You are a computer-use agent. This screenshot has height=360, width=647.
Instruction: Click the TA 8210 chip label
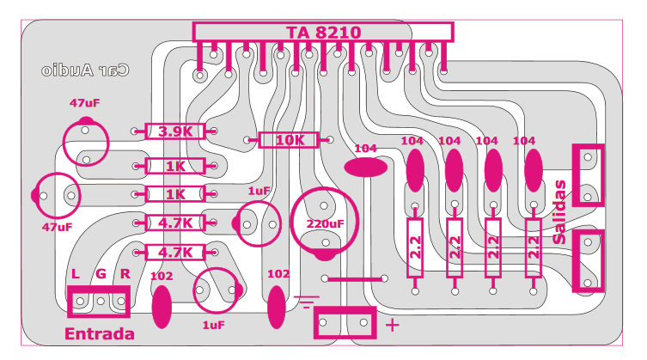coord(323,32)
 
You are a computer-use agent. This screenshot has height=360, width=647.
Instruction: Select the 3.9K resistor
coord(175,131)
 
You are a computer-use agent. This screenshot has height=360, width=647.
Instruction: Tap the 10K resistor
coord(289,140)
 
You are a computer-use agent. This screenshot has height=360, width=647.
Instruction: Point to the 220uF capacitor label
coord(325,223)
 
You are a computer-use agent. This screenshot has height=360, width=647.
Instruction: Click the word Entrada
coord(100,333)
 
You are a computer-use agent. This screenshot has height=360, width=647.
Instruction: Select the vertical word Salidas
coord(559,211)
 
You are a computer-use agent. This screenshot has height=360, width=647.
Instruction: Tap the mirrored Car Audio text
coord(85,70)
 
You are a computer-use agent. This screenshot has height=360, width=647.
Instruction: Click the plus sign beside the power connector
coord(392,326)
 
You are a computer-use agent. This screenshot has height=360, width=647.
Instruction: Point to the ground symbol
coord(306,302)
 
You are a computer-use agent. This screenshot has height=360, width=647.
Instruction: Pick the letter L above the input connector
coord(75,274)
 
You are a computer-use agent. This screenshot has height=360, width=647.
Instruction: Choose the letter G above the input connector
coord(101,274)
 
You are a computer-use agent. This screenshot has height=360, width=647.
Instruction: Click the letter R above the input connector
coord(125,274)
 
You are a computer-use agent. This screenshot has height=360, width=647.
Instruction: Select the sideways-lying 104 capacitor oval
coord(365,168)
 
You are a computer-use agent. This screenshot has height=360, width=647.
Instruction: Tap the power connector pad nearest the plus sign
coord(363,322)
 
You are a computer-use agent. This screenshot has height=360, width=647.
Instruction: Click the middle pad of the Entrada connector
coord(101,302)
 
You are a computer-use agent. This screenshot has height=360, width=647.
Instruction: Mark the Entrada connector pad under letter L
coord(80,302)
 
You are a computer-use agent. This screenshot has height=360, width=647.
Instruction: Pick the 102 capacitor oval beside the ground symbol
coord(277,308)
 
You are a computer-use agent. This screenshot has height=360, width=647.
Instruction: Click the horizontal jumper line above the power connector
coord(355,279)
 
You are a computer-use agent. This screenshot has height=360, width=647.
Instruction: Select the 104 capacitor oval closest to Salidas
coord(533,170)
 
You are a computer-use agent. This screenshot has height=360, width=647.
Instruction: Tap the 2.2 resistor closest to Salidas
coord(533,247)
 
